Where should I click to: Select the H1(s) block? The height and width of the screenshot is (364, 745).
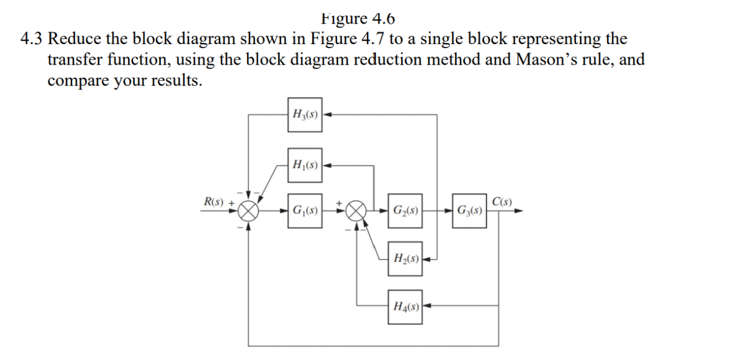(x=305, y=166)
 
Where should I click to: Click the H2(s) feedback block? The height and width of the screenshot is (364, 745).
(x=405, y=259)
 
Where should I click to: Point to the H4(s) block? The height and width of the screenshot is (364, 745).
(x=405, y=307)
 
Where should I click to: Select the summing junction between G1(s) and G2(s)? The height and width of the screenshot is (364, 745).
(x=358, y=210)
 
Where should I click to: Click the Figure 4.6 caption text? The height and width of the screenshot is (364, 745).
(x=359, y=19)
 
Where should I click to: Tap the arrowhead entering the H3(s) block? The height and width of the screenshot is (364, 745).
(x=327, y=114)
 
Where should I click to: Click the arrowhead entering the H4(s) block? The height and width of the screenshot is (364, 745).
(x=427, y=307)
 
